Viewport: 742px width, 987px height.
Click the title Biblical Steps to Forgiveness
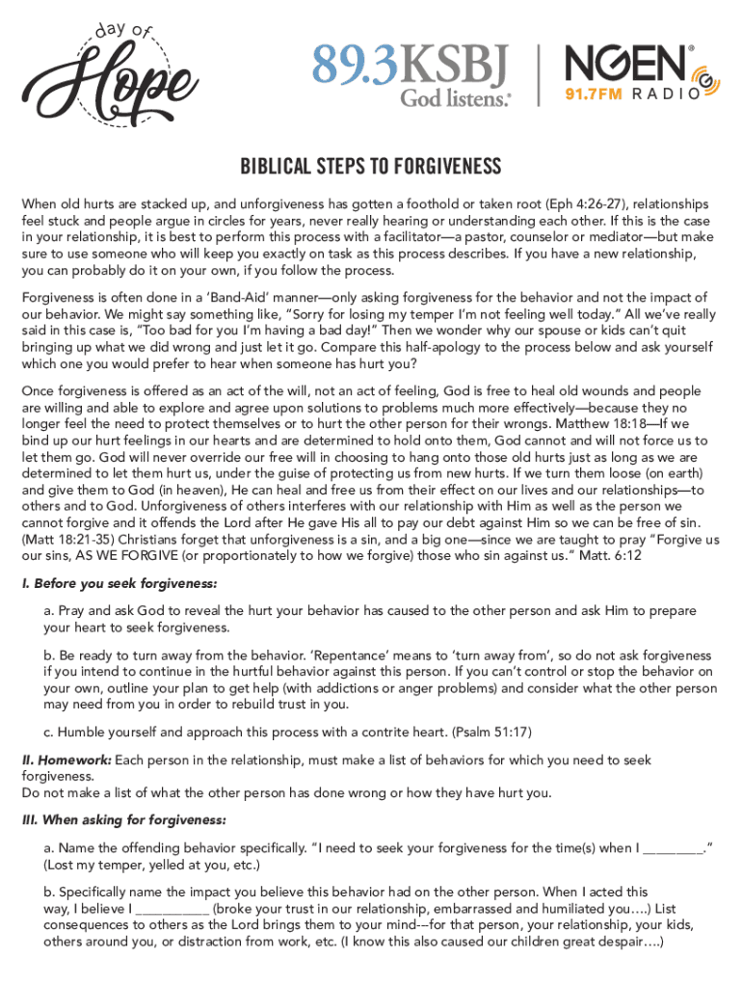370,168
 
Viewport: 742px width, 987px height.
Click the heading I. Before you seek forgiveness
119,584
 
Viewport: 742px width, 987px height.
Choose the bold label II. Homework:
66,760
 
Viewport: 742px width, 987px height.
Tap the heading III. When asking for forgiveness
124,820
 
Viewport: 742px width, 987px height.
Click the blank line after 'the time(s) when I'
672,848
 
